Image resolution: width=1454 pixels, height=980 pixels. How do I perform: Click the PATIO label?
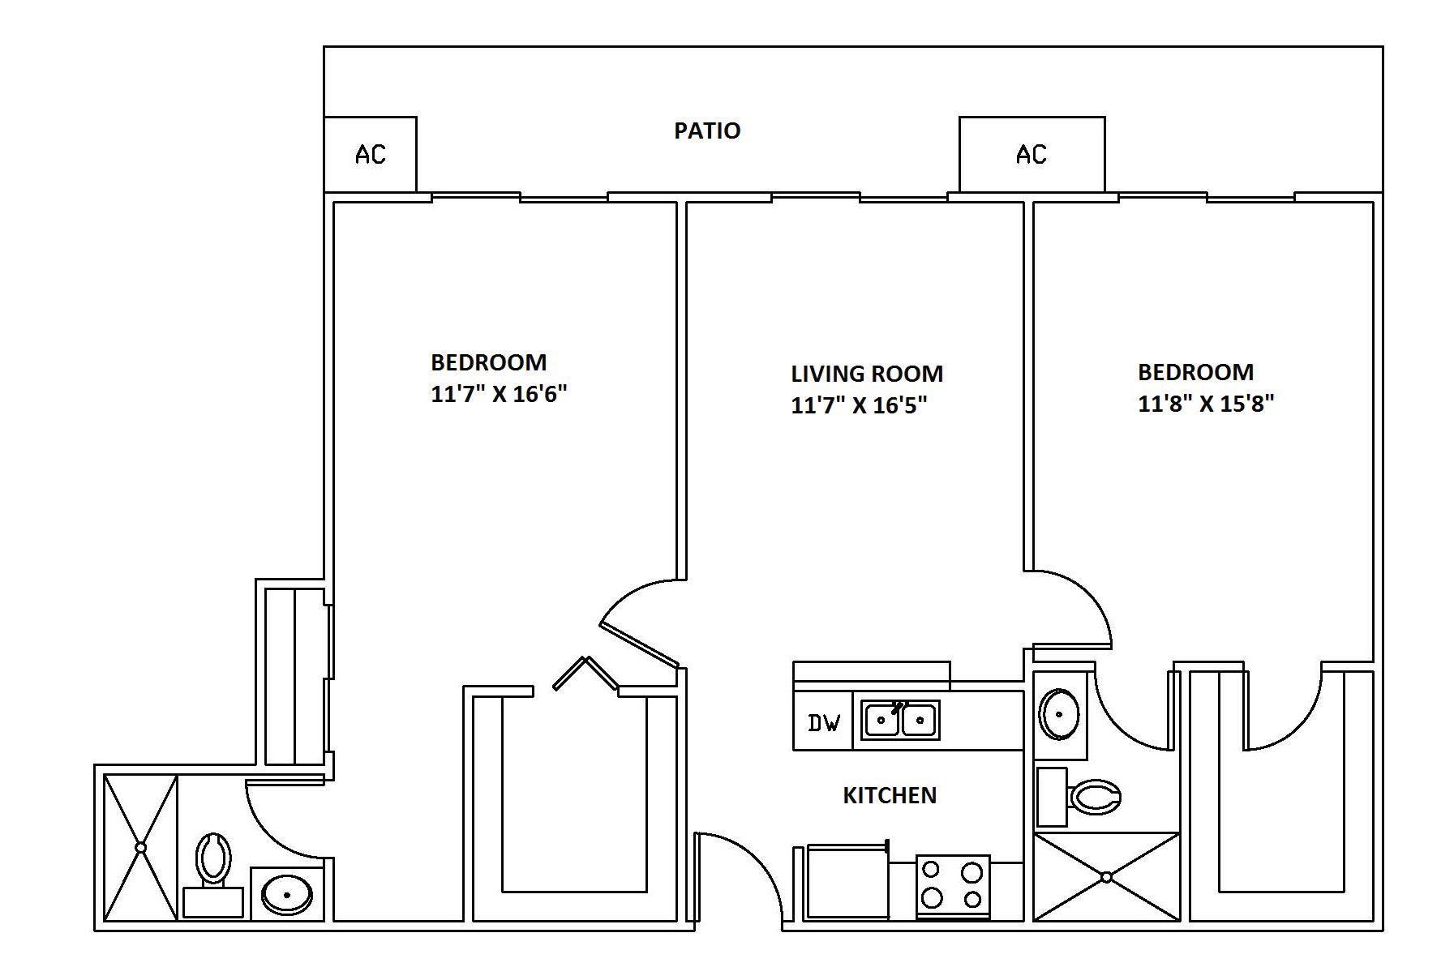[707, 131]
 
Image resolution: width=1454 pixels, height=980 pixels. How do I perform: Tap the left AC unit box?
[370, 154]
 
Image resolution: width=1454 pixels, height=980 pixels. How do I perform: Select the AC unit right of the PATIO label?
[1032, 154]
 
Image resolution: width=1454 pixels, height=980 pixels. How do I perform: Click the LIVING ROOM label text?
[867, 374]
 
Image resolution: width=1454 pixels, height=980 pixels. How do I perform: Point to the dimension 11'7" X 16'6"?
[499, 394]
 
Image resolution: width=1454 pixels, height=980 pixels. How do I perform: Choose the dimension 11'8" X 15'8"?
[1206, 403]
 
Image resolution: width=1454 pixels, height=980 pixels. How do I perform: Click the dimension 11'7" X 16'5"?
[859, 404]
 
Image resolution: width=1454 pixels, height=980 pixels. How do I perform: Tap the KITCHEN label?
[890, 795]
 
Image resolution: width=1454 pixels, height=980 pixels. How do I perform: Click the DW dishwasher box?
[823, 721]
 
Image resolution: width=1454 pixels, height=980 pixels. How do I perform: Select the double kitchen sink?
[900, 720]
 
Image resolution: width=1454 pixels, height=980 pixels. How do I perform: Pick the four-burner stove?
[953, 886]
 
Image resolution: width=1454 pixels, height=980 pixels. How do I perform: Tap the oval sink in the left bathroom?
[287, 895]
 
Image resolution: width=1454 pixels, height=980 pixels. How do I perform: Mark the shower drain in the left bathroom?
[140, 847]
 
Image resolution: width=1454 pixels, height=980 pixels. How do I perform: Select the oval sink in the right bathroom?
[1059, 714]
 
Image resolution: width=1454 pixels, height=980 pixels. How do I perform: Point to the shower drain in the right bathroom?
[1107, 876]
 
